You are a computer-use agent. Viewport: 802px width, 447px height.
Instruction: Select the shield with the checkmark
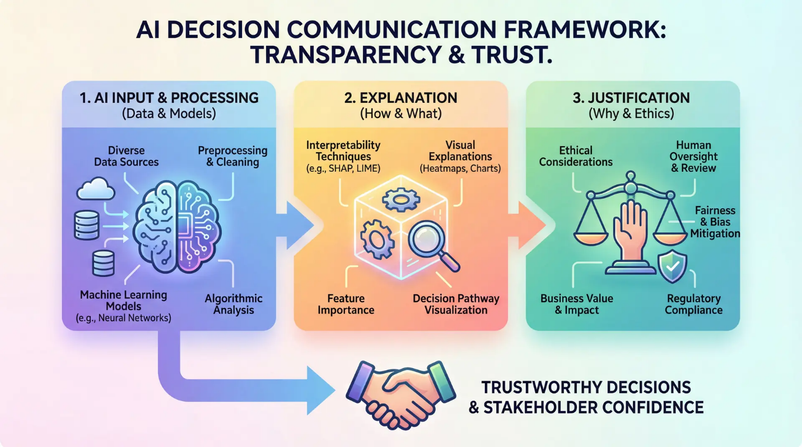point(673,266)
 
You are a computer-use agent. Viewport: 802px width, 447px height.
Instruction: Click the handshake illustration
point(400,394)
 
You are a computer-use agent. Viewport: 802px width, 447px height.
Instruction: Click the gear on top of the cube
point(401,200)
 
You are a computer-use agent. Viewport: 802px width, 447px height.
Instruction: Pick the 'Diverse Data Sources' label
point(126,156)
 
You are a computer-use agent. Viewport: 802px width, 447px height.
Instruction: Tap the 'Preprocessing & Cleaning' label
point(233,156)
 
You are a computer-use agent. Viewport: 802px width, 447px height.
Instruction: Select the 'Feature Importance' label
point(346,304)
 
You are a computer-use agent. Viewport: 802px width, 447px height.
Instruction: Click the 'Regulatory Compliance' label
point(694,304)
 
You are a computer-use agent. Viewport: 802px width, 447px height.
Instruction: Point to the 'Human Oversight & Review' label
point(693,156)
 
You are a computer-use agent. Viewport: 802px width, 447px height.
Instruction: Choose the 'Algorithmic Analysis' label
point(234,304)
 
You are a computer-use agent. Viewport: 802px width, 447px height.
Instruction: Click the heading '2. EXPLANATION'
point(400,98)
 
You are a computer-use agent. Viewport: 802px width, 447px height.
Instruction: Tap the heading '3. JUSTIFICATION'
point(631,98)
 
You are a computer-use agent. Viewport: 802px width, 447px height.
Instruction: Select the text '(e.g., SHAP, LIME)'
point(343,168)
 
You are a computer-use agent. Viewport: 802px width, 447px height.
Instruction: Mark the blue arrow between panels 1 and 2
point(295,225)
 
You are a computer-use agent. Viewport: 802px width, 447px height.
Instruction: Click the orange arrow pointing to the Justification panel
point(528,225)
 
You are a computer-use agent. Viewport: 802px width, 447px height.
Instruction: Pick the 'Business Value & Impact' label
point(576,304)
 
